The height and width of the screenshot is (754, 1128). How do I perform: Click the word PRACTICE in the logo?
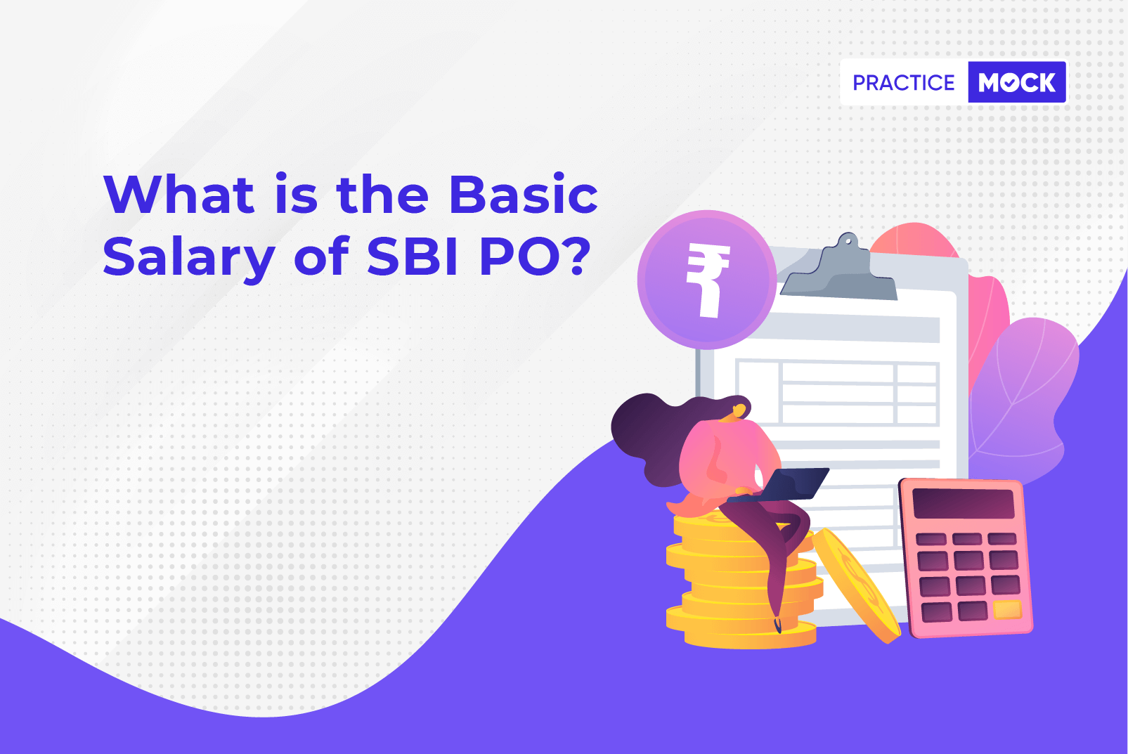(903, 82)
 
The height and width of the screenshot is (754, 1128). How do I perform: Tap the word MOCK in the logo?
(1016, 82)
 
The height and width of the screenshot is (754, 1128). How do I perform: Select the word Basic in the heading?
(523, 194)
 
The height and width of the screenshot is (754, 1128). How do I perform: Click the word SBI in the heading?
(412, 256)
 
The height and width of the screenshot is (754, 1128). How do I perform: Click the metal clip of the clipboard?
(839, 268)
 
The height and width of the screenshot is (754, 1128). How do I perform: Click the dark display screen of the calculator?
(963, 503)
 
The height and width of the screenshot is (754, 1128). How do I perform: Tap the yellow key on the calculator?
(1006, 609)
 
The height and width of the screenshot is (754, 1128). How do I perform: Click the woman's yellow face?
(738, 412)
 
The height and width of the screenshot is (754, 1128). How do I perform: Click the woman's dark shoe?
(777, 625)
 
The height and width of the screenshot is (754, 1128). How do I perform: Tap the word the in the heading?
(382, 194)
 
